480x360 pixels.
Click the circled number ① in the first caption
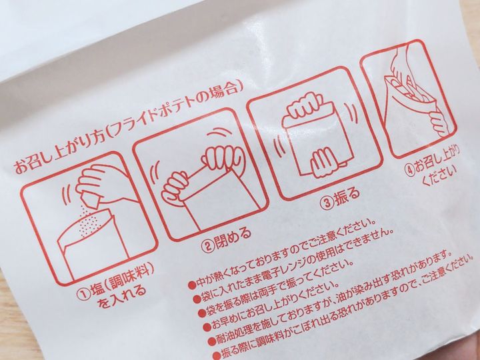[83, 295]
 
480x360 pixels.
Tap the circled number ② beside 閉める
[207, 246]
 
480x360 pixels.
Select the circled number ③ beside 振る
[327, 203]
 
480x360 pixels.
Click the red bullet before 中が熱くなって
[192, 285]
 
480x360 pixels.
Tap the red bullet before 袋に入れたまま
[197, 299]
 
